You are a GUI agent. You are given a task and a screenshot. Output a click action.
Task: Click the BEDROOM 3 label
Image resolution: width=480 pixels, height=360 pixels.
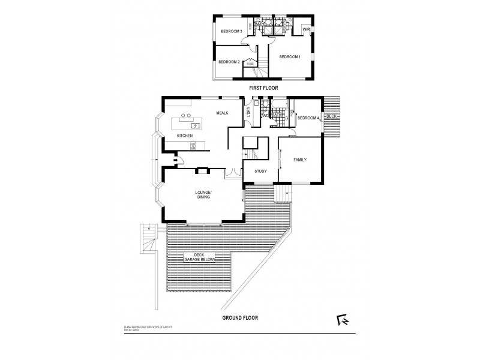[231, 31]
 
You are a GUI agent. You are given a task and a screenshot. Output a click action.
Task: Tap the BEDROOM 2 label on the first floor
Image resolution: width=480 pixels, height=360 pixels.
[229, 62]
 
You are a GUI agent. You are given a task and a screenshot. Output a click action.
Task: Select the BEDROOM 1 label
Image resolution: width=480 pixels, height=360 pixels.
[289, 56]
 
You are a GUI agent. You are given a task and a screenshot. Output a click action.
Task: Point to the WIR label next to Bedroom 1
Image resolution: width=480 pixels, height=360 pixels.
[305, 29]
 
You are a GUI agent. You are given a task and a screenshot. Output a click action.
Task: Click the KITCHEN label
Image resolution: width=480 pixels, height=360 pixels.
[185, 136]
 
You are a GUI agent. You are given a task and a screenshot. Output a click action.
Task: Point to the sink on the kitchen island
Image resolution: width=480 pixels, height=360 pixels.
[196, 126]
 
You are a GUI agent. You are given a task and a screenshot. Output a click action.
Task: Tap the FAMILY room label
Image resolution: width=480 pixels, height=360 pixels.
[300, 160]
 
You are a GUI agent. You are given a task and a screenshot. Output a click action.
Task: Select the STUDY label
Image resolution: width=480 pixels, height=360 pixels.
[260, 172]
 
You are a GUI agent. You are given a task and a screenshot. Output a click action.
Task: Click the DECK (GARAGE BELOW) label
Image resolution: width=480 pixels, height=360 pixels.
[199, 258]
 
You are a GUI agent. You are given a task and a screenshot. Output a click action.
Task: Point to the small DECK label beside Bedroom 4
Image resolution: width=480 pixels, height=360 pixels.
[332, 116]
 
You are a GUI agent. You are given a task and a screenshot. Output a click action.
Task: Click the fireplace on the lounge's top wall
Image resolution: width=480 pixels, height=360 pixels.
[203, 170]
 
